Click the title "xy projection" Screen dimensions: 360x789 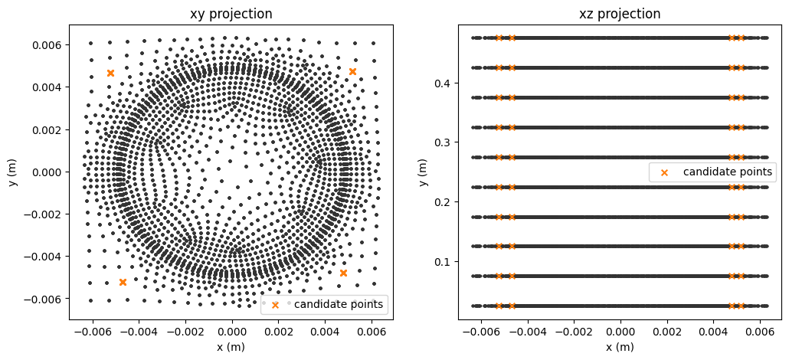[231, 14]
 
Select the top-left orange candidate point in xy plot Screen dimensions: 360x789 [110, 73]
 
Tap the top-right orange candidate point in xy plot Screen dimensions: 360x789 [352, 71]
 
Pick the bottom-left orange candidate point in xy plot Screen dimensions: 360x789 [123, 282]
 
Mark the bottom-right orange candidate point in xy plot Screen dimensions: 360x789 [343, 273]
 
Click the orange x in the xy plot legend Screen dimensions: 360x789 [276, 306]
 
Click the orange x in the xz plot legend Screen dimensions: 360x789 [664, 172]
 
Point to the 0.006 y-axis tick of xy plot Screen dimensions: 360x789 [47, 45]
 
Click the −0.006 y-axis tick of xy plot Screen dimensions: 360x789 [44, 298]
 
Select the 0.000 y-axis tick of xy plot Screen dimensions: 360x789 [47, 172]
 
